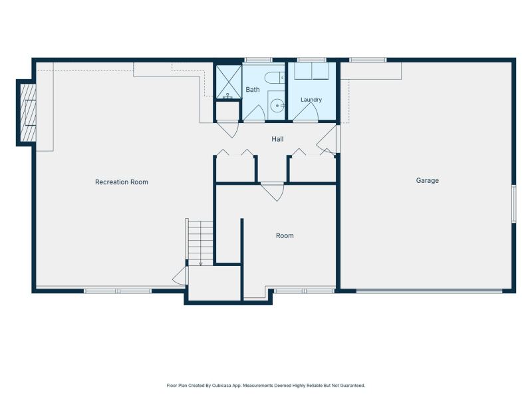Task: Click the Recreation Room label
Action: click(122, 182)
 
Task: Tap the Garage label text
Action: click(427, 180)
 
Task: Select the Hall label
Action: click(277, 139)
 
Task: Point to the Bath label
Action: click(253, 90)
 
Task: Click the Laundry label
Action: click(311, 100)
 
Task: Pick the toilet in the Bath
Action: click(275, 77)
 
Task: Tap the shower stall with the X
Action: click(229, 82)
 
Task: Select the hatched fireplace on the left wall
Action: click(28, 113)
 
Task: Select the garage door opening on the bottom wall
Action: click(429, 291)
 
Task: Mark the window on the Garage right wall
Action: click(513, 203)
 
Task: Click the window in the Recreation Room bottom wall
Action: click(118, 291)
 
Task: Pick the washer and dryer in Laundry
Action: click(311, 71)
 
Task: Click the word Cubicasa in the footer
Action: click(222, 386)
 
